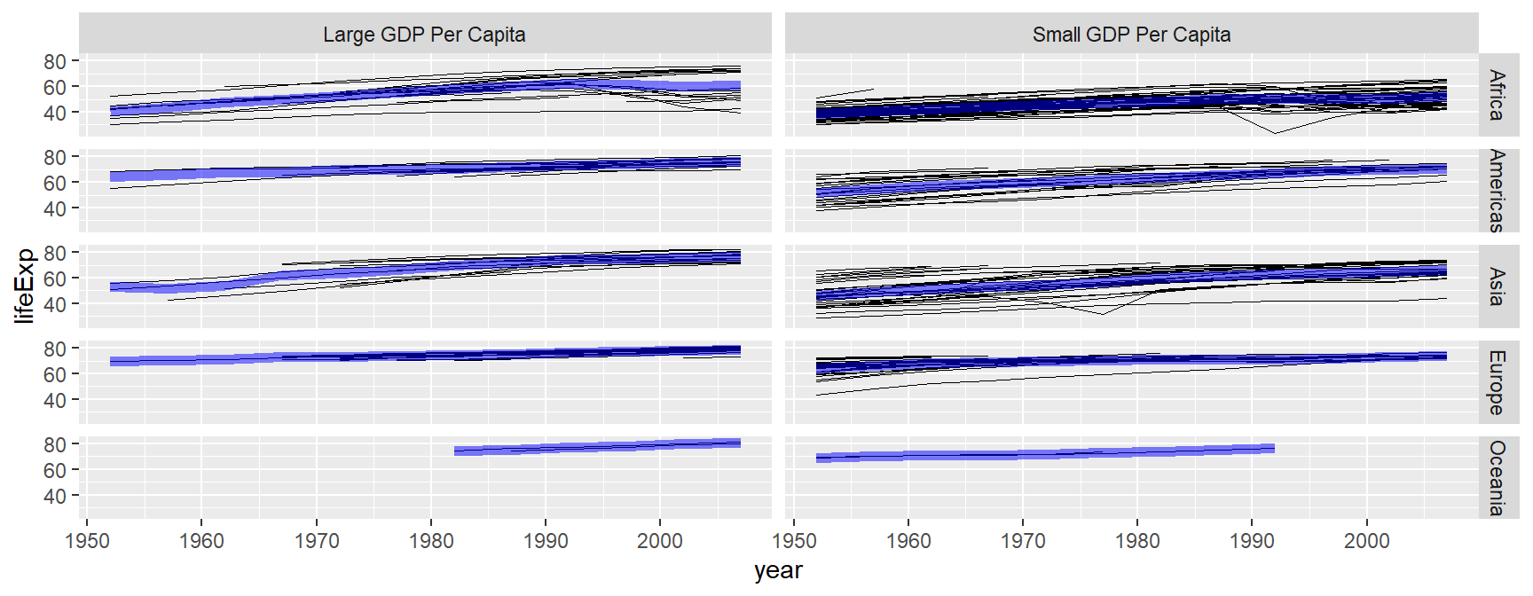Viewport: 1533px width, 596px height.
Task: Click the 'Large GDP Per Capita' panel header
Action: [x=424, y=35]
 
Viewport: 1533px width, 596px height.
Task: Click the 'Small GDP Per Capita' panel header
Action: [x=1131, y=35]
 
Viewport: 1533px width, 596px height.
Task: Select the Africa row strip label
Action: [x=1497, y=95]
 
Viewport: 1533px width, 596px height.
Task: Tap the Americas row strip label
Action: [x=1497, y=191]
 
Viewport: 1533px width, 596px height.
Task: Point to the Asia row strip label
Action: [x=1497, y=286]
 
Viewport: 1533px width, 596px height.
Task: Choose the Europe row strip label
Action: [x=1497, y=382]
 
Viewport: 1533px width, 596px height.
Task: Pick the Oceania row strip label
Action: [x=1497, y=478]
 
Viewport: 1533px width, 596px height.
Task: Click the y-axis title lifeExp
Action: [x=25, y=286]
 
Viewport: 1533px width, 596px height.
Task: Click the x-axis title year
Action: [x=778, y=570]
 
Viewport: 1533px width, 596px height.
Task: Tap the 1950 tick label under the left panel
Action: [x=87, y=541]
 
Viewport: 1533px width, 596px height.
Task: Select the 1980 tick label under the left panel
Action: [x=431, y=541]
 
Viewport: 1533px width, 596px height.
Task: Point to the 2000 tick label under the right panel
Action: [x=1366, y=541]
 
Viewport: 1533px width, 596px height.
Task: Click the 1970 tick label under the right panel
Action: [x=1023, y=541]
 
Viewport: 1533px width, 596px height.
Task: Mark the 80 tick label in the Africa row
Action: [x=55, y=61]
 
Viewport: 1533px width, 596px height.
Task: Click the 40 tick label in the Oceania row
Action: [x=55, y=496]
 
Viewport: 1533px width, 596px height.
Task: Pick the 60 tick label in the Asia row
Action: [x=55, y=278]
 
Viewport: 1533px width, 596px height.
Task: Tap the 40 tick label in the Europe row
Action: [x=55, y=400]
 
